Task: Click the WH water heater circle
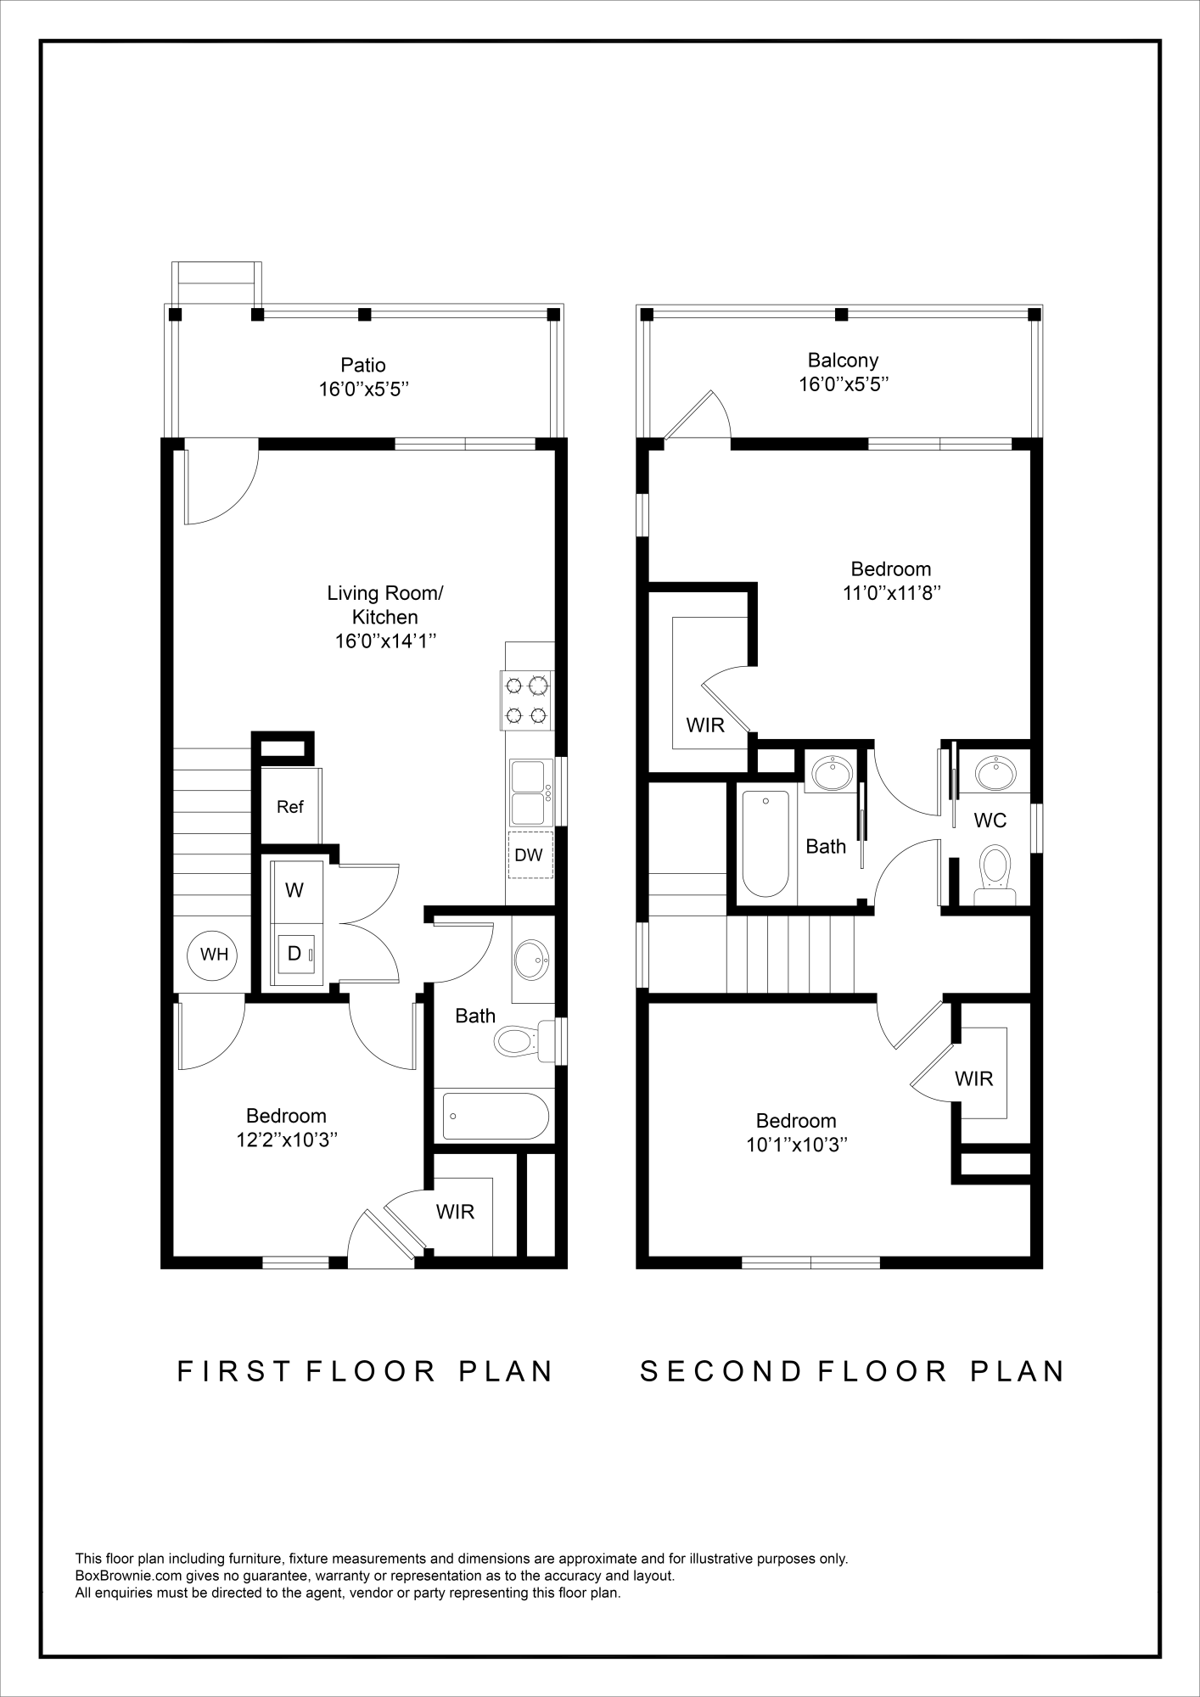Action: pyautogui.click(x=213, y=955)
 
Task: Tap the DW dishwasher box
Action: pyautogui.click(x=530, y=855)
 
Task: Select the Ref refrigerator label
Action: pyautogui.click(x=290, y=807)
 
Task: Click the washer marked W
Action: pyautogui.click(x=295, y=890)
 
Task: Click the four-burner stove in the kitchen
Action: pyautogui.click(x=526, y=700)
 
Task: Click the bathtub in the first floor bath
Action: pyautogui.click(x=496, y=1116)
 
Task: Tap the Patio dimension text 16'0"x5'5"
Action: pyautogui.click(x=364, y=390)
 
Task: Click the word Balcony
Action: pyautogui.click(x=843, y=360)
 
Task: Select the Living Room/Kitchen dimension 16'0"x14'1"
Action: pyautogui.click(x=385, y=641)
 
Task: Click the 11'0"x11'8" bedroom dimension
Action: pyautogui.click(x=891, y=593)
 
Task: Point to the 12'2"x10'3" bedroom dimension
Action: pyautogui.click(x=287, y=1140)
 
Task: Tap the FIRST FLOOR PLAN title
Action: pyautogui.click(x=365, y=1372)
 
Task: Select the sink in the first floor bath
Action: pyautogui.click(x=532, y=960)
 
